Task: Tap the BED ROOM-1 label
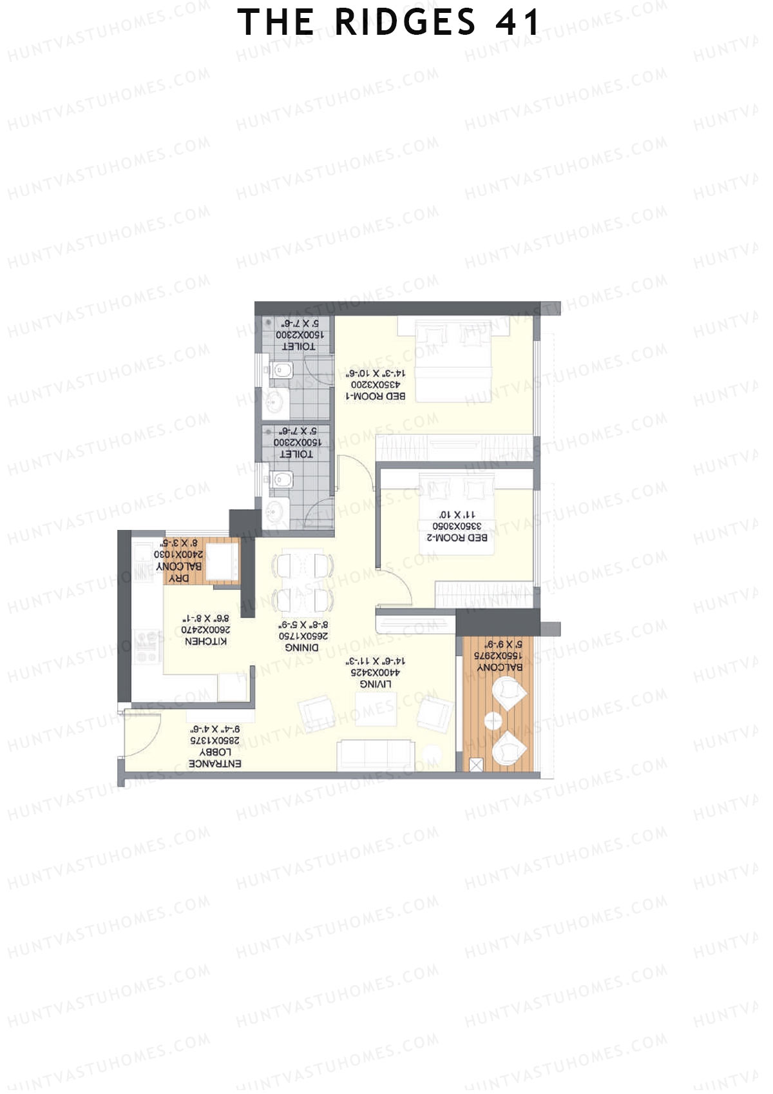pos(376,396)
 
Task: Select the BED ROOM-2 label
pos(457,537)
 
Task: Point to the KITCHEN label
pos(205,641)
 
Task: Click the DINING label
pos(301,647)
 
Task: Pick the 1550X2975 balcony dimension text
pos(499,655)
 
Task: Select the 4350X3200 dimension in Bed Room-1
pos(376,384)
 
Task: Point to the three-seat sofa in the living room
pos(376,754)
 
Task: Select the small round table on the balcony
pos(493,721)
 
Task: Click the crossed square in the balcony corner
pos(476,765)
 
